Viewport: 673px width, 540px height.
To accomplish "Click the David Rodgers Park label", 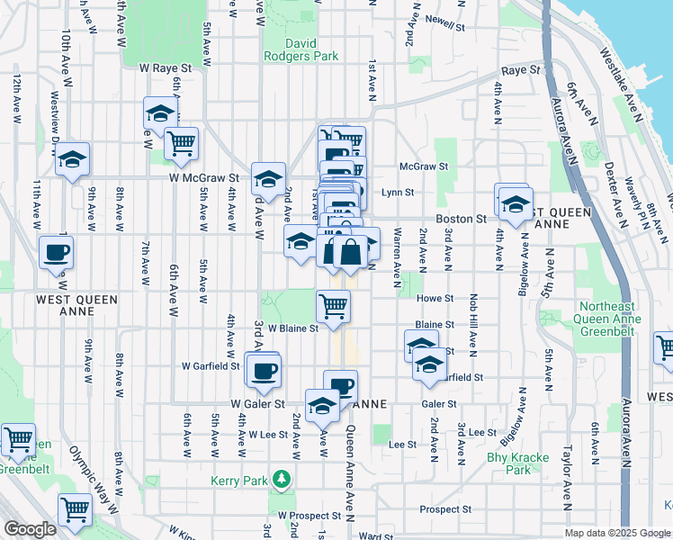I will [x=301, y=49].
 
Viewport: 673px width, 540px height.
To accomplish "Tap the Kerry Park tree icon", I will [x=283, y=477].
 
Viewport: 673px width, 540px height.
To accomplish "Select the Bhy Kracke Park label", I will [x=517, y=463].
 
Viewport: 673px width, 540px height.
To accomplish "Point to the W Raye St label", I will [x=166, y=67].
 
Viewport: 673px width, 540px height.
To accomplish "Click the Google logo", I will [x=30, y=529].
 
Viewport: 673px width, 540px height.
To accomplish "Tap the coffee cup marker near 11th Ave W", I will [x=56, y=252].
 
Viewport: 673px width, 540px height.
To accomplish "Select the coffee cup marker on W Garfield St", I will [x=264, y=370].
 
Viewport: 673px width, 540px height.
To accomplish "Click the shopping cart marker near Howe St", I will [x=334, y=305].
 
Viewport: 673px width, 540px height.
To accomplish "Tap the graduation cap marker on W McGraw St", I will [x=268, y=178].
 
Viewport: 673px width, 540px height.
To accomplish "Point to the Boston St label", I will [x=461, y=219].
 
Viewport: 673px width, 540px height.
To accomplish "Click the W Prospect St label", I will [x=310, y=517].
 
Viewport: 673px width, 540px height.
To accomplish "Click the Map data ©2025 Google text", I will [x=616, y=533].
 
